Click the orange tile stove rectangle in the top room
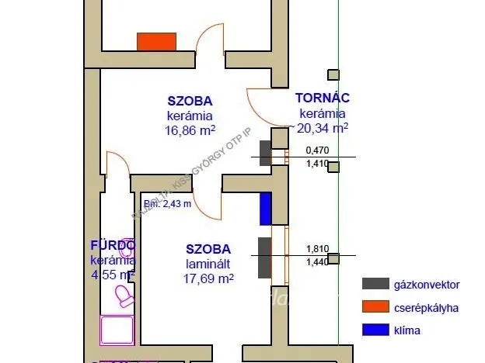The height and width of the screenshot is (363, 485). click(x=156, y=41)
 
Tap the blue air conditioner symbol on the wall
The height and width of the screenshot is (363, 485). click(x=265, y=209)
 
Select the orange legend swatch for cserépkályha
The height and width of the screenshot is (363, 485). click(x=375, y=308)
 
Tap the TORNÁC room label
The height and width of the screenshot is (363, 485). click(x=322, y=99)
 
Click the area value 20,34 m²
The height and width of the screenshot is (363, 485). click(x=321, y=128)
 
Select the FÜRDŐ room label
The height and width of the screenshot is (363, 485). click(x=113, y=246)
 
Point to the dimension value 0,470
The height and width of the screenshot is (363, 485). click(x=316, y=150)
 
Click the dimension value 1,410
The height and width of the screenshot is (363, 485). click(x=316, y=164)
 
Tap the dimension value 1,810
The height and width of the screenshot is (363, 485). click(x=316, y=249)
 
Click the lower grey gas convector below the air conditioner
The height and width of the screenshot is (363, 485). click(x=264, y=258)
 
